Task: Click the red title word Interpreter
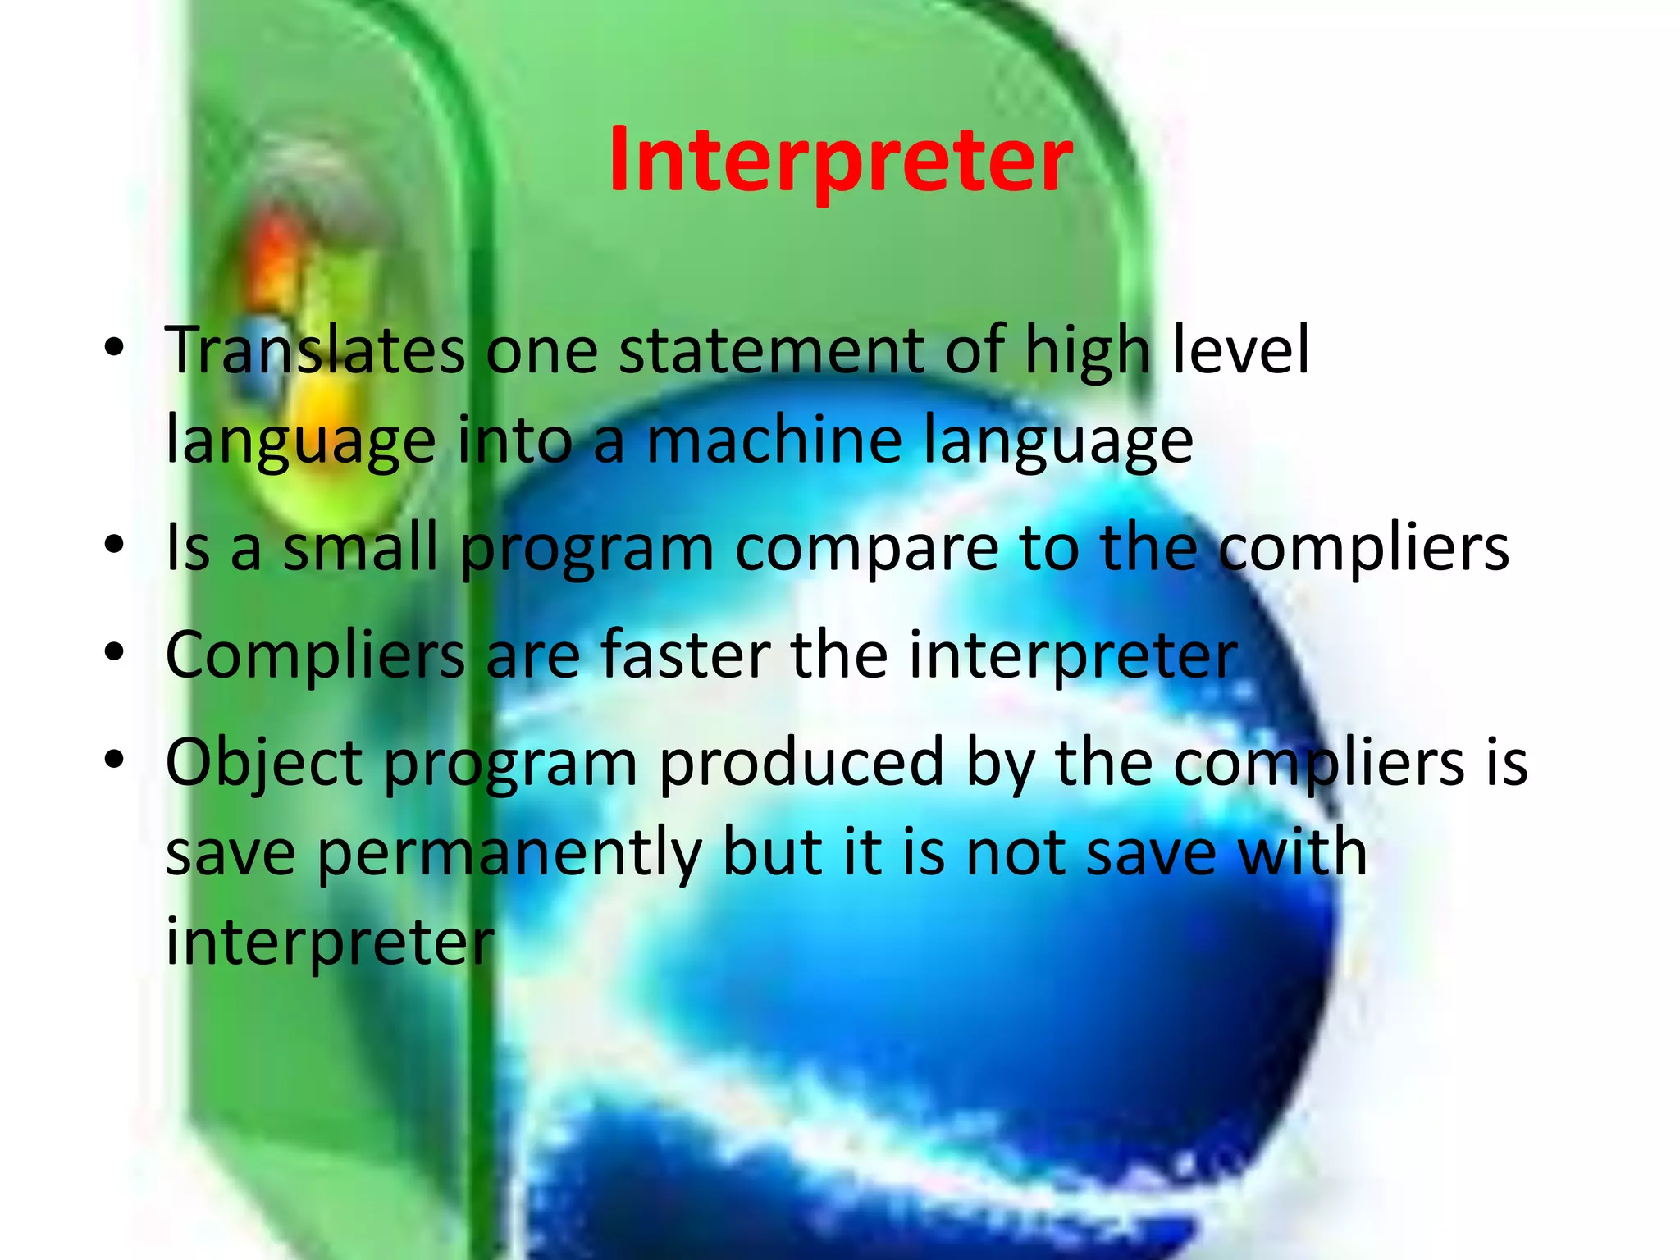[840, 160]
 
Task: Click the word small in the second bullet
[360, 548]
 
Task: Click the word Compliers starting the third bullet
[316, 657]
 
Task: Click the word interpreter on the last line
[330, 943]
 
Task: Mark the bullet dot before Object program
[114, 760]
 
